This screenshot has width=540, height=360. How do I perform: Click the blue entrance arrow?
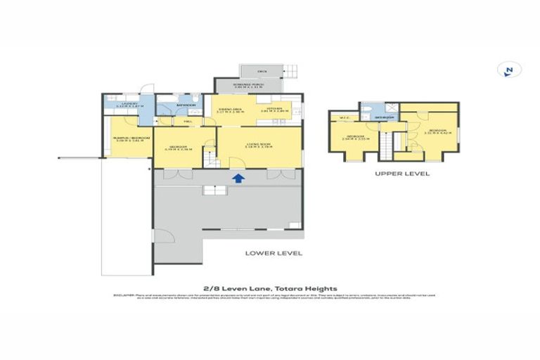point(238,179)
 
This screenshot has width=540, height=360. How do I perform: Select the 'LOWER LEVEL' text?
point(274,252)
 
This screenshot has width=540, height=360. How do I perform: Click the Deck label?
point(262,71)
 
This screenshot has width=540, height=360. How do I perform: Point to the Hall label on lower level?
point(188,122)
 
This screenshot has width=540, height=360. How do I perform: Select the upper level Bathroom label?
point(384,117)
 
